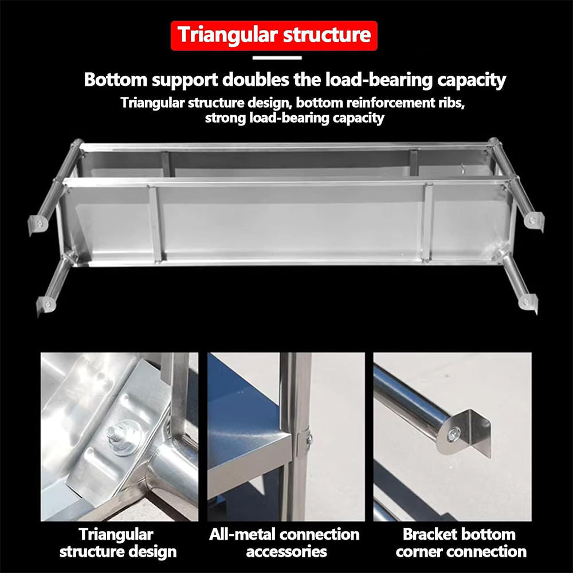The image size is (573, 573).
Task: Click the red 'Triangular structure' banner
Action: [x=274, y=36]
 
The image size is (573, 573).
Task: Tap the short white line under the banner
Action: [x=277, y=57]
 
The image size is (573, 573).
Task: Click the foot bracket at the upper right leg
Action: [x=533, y=220]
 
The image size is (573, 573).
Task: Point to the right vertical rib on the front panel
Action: [x=427, y=222]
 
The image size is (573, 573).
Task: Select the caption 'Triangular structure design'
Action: [x=117, y=543]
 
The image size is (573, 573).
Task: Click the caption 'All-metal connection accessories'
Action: [x=285, y=543]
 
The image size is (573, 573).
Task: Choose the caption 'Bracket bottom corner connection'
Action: [x=460, y=543]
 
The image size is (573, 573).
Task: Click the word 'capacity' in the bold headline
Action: [x=470, y=80]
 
